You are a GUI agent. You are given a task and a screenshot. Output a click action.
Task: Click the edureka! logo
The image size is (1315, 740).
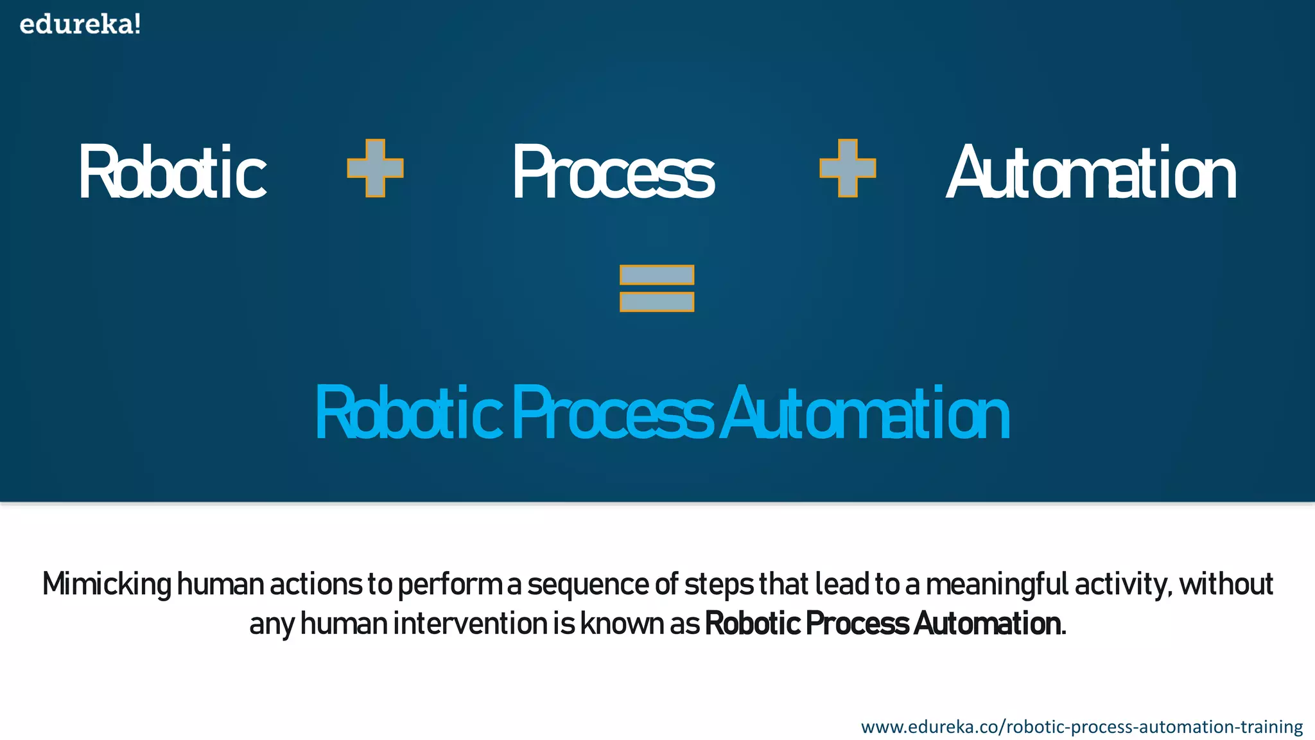(80, 24)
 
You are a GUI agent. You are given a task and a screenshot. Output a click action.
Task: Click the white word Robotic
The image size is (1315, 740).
(172, 172)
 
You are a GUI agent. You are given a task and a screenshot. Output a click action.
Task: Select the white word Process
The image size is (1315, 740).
(613, 172)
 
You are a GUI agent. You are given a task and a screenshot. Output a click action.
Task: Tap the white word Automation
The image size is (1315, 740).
(1091, 172)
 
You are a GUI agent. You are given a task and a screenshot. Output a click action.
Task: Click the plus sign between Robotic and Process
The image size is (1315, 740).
(375, 168)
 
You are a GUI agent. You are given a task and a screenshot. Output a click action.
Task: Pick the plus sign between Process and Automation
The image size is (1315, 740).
(848, 168)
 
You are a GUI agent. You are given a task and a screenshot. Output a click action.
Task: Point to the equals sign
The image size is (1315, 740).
(657, 288)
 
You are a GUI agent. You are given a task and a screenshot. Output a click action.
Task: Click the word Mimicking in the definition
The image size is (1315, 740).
(107, 585)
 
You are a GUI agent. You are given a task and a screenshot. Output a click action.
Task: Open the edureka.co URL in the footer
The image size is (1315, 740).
(1081, 727)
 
